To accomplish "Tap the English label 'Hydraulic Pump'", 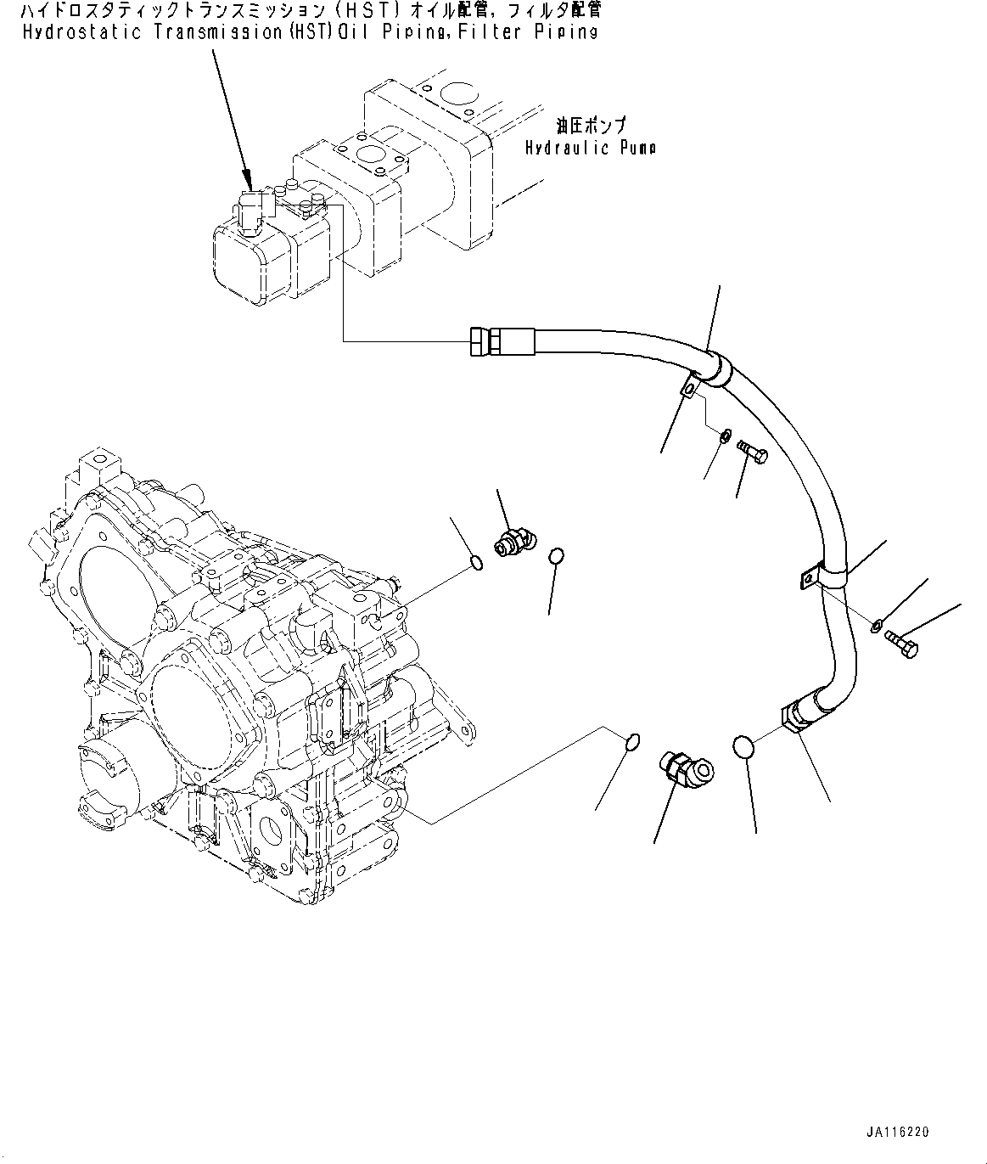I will [x=590, y=148].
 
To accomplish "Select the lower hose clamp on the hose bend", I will [x=823, y=578].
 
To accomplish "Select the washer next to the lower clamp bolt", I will [x=875, y=627].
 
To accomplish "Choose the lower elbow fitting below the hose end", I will [x=686, y=767].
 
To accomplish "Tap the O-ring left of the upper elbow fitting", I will [x=477, y=562].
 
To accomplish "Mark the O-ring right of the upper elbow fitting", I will [x=556, y=556].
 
